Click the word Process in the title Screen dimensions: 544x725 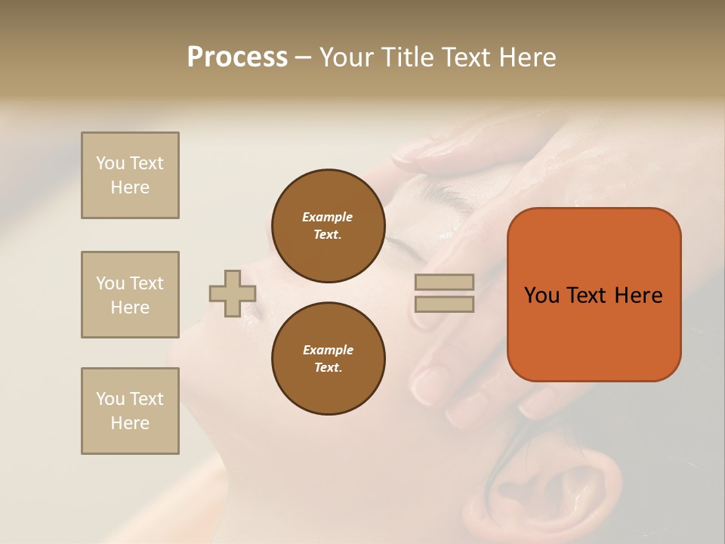[x=237, y=57]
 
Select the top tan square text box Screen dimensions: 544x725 [x=130, y=175]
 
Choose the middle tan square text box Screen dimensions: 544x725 [x=130, y=295]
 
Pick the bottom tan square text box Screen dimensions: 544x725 [x=130, y=411]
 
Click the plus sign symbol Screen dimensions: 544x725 [x=233, y=293]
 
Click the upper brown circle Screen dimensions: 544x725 [x=328, y=226]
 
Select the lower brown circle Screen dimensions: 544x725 [x=328, y=359]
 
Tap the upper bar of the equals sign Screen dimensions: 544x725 [x=444, y=282]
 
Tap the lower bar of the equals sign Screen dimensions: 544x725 [x=444, y=304]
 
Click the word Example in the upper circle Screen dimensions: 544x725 [x=327, y=217]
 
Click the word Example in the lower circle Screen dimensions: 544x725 [x=328, y=350]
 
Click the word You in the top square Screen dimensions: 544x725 [x=110, y=163]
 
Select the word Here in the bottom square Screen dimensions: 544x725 [x=130, y=423]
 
